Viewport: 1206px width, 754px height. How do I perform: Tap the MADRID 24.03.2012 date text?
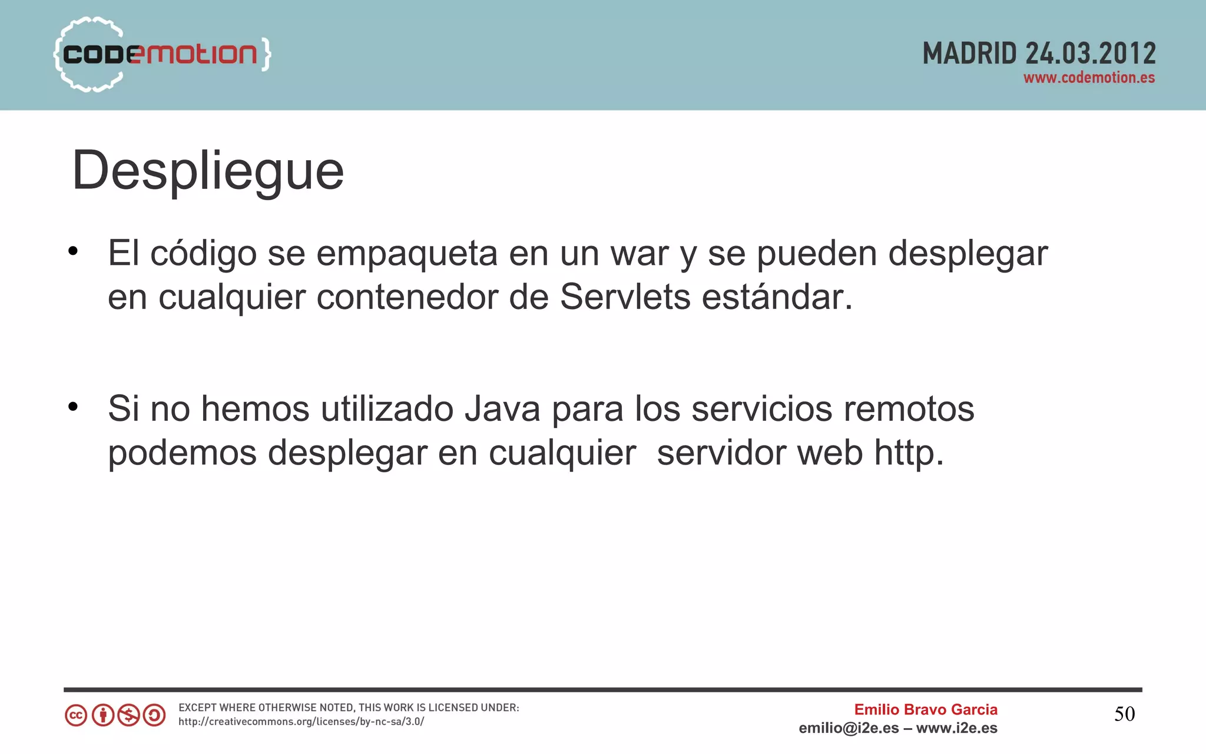1039,54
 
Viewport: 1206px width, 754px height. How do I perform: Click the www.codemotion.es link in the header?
1089,78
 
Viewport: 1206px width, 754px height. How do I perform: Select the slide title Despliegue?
208,171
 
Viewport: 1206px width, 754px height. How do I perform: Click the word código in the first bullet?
203,254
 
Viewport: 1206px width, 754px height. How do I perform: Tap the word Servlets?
625,297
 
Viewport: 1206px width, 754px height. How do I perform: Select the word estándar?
777,297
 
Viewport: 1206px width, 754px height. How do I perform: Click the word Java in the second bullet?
502,408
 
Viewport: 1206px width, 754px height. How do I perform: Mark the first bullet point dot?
73,252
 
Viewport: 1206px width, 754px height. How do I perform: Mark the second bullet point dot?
73,407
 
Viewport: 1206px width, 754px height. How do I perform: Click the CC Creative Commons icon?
76,716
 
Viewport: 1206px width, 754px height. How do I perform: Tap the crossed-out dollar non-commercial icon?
128,716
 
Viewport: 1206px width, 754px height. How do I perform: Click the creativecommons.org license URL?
301,722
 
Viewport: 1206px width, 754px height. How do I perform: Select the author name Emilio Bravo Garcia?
926,710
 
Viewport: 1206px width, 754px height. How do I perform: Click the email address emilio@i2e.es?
849,729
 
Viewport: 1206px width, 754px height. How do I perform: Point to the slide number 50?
1124,715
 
